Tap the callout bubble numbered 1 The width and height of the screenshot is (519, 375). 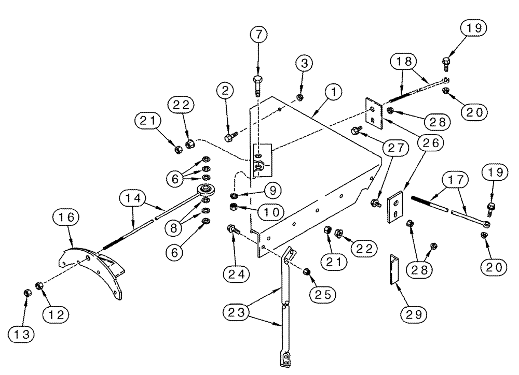[x=333, y=92]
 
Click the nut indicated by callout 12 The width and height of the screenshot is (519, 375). [x=39, y=285]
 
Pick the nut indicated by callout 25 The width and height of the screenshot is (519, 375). [x=306, y=272]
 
